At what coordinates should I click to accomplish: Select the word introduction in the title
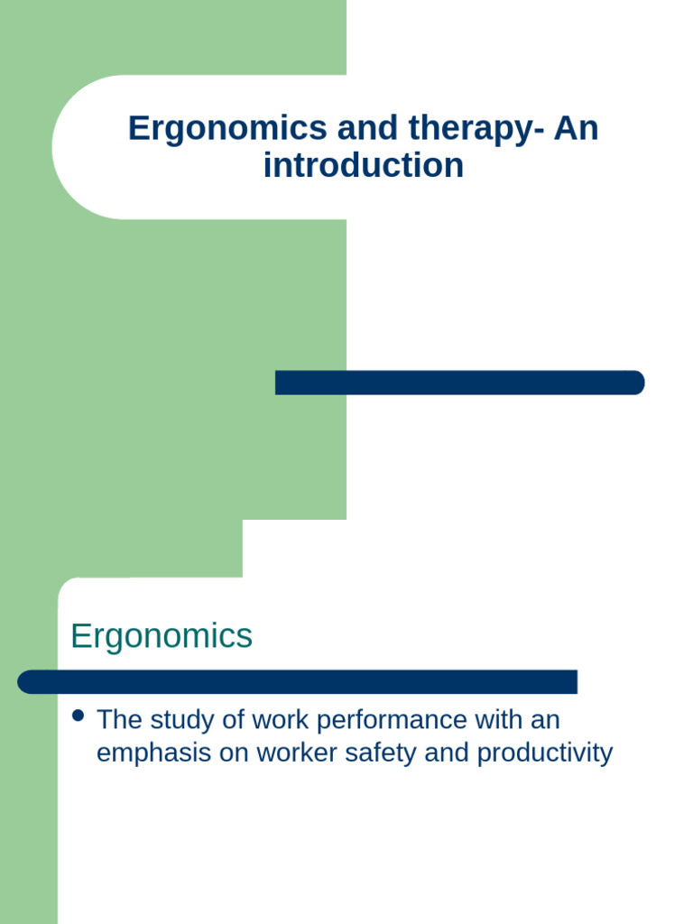pyautogui.click(x=364, y=165)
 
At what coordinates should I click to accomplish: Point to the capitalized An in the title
pyautogui.click(x=576, y=128)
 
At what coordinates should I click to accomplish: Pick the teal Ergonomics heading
pyautogui.click(x=162, y=636)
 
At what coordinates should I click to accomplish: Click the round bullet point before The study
pyautogui.click(x=78, y=716)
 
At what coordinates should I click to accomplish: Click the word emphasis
pyautogui.click(x=152, y=753)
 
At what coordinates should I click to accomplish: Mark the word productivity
pyautogui.click(x=545, y=753)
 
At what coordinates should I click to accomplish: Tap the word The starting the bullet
pyautogui.click(x=117, y=720)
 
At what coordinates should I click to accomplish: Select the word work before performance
pyautogui.click(x=281, y=720)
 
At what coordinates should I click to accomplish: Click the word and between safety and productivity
pyautogui.click(x=447, y=753)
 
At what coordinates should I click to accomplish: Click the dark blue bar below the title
pyautogui.click(x=459, y=383)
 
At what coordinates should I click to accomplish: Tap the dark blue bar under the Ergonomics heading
pyautogui.click(x=298, y=682)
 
